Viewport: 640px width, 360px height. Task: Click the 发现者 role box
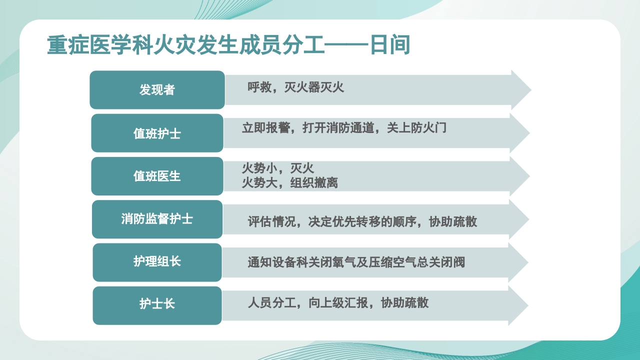[157, 90]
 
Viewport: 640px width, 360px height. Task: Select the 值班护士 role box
[157, 133]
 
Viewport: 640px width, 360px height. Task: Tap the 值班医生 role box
[157, 176]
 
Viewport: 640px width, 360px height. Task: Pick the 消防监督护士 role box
[157, 219]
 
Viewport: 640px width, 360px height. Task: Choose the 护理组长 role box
[157, 262]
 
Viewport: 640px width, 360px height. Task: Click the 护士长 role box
[157, 304]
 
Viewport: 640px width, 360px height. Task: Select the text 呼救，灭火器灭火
[296, 87]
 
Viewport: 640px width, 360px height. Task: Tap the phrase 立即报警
[266, 128]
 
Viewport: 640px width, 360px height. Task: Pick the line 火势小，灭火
[278, 168]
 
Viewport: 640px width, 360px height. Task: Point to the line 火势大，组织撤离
[290, 183]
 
